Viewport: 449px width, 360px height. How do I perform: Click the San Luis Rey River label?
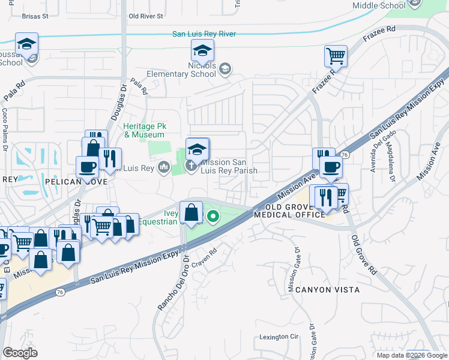point(203,34)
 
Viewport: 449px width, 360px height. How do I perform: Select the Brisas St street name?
point(34,17)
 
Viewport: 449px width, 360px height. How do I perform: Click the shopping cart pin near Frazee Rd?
point(336,56)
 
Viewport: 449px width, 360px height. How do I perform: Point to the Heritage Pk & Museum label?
point(145,130)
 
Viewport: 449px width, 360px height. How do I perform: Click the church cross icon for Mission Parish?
point(191,166)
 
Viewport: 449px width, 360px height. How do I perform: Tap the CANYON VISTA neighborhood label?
point(327,290)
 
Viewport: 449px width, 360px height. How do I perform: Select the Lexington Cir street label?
point(279,337)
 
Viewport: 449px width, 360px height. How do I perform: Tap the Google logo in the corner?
point(20,353)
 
